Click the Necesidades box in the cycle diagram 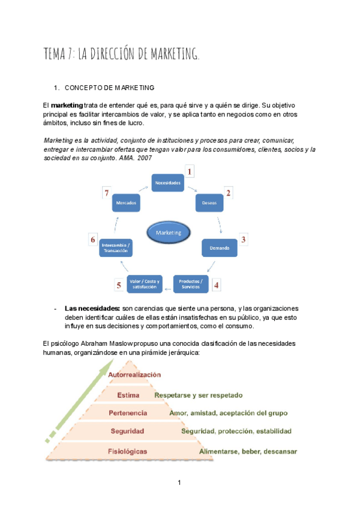167,182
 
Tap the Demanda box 220,247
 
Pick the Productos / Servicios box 191,283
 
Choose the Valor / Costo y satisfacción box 145,284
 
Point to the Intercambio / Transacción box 115,247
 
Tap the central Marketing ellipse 168,232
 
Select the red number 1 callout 190,172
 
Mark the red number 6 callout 93,240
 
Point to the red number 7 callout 106,193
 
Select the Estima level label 128,395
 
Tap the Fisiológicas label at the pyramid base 128,450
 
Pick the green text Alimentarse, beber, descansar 248,451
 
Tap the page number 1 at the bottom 179,483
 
